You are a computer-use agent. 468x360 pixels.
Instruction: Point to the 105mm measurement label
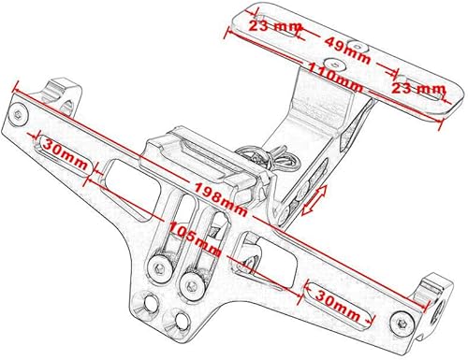(194, 237)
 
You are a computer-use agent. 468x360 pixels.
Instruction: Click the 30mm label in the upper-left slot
(65, 148)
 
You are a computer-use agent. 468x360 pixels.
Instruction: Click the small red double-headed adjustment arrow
(317, 199)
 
